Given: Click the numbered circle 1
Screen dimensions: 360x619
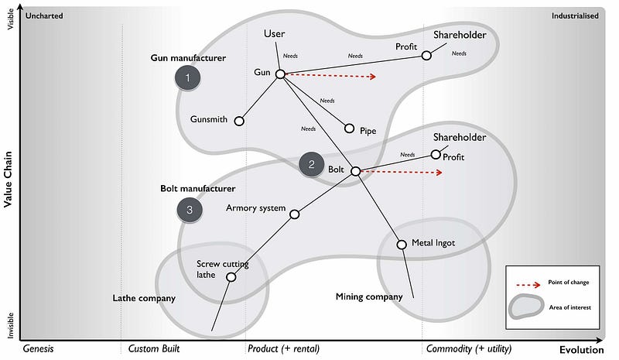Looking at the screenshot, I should [187, 77].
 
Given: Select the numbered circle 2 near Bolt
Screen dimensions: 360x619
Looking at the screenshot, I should [311, 163].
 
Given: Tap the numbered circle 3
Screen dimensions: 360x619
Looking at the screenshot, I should [190, 209].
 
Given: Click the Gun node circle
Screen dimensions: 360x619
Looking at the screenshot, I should [279, 74].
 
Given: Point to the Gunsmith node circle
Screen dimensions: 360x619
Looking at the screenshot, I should [239, 121].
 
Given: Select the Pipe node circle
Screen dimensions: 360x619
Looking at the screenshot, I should [349, 129].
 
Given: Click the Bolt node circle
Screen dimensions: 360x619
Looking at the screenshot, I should [355, 171].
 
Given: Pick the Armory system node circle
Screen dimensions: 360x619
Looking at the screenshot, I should [294, 214].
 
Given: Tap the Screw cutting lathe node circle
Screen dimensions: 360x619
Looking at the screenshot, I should [231, 276].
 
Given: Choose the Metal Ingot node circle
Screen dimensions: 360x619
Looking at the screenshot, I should [402, 245].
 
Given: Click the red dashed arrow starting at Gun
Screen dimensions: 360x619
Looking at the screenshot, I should [329, 76].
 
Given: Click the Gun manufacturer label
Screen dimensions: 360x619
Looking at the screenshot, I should [188, 57].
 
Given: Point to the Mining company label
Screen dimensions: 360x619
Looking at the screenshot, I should [369, 297].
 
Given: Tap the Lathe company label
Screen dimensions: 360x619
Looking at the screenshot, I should [144, 298].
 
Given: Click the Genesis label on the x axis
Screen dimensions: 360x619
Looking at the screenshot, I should [38, 348].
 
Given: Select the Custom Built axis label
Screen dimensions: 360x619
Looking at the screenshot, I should [156, 348].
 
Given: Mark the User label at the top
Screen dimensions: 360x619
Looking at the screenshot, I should [274, 33].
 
